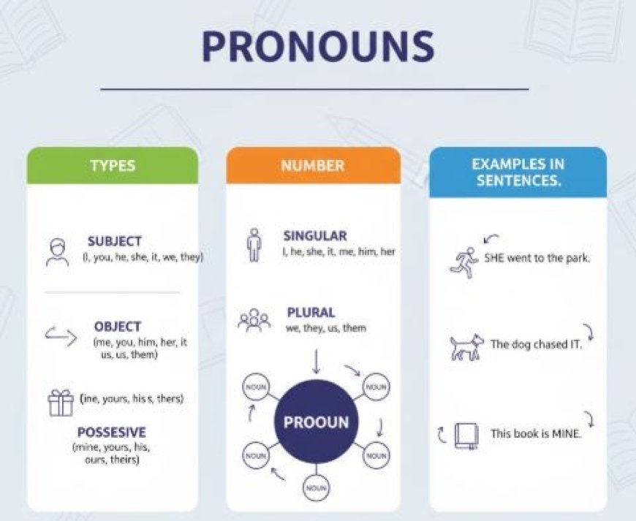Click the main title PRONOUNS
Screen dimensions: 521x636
[317, 46]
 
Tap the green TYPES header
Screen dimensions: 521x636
[113, 165]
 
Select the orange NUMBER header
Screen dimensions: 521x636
[312, 165]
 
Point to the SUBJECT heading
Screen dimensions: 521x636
[115, 241]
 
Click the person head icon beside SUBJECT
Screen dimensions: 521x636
[56, 251]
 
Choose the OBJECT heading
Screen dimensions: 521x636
[118, 327]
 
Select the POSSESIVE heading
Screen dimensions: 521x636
[111, 432]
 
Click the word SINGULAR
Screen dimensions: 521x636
[315, 236]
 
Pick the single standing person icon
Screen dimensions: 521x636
[254, 245]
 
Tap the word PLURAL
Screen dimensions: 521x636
[311, 313]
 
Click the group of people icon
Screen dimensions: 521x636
[254, 320]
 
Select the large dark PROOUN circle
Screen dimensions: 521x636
[316, 422]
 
